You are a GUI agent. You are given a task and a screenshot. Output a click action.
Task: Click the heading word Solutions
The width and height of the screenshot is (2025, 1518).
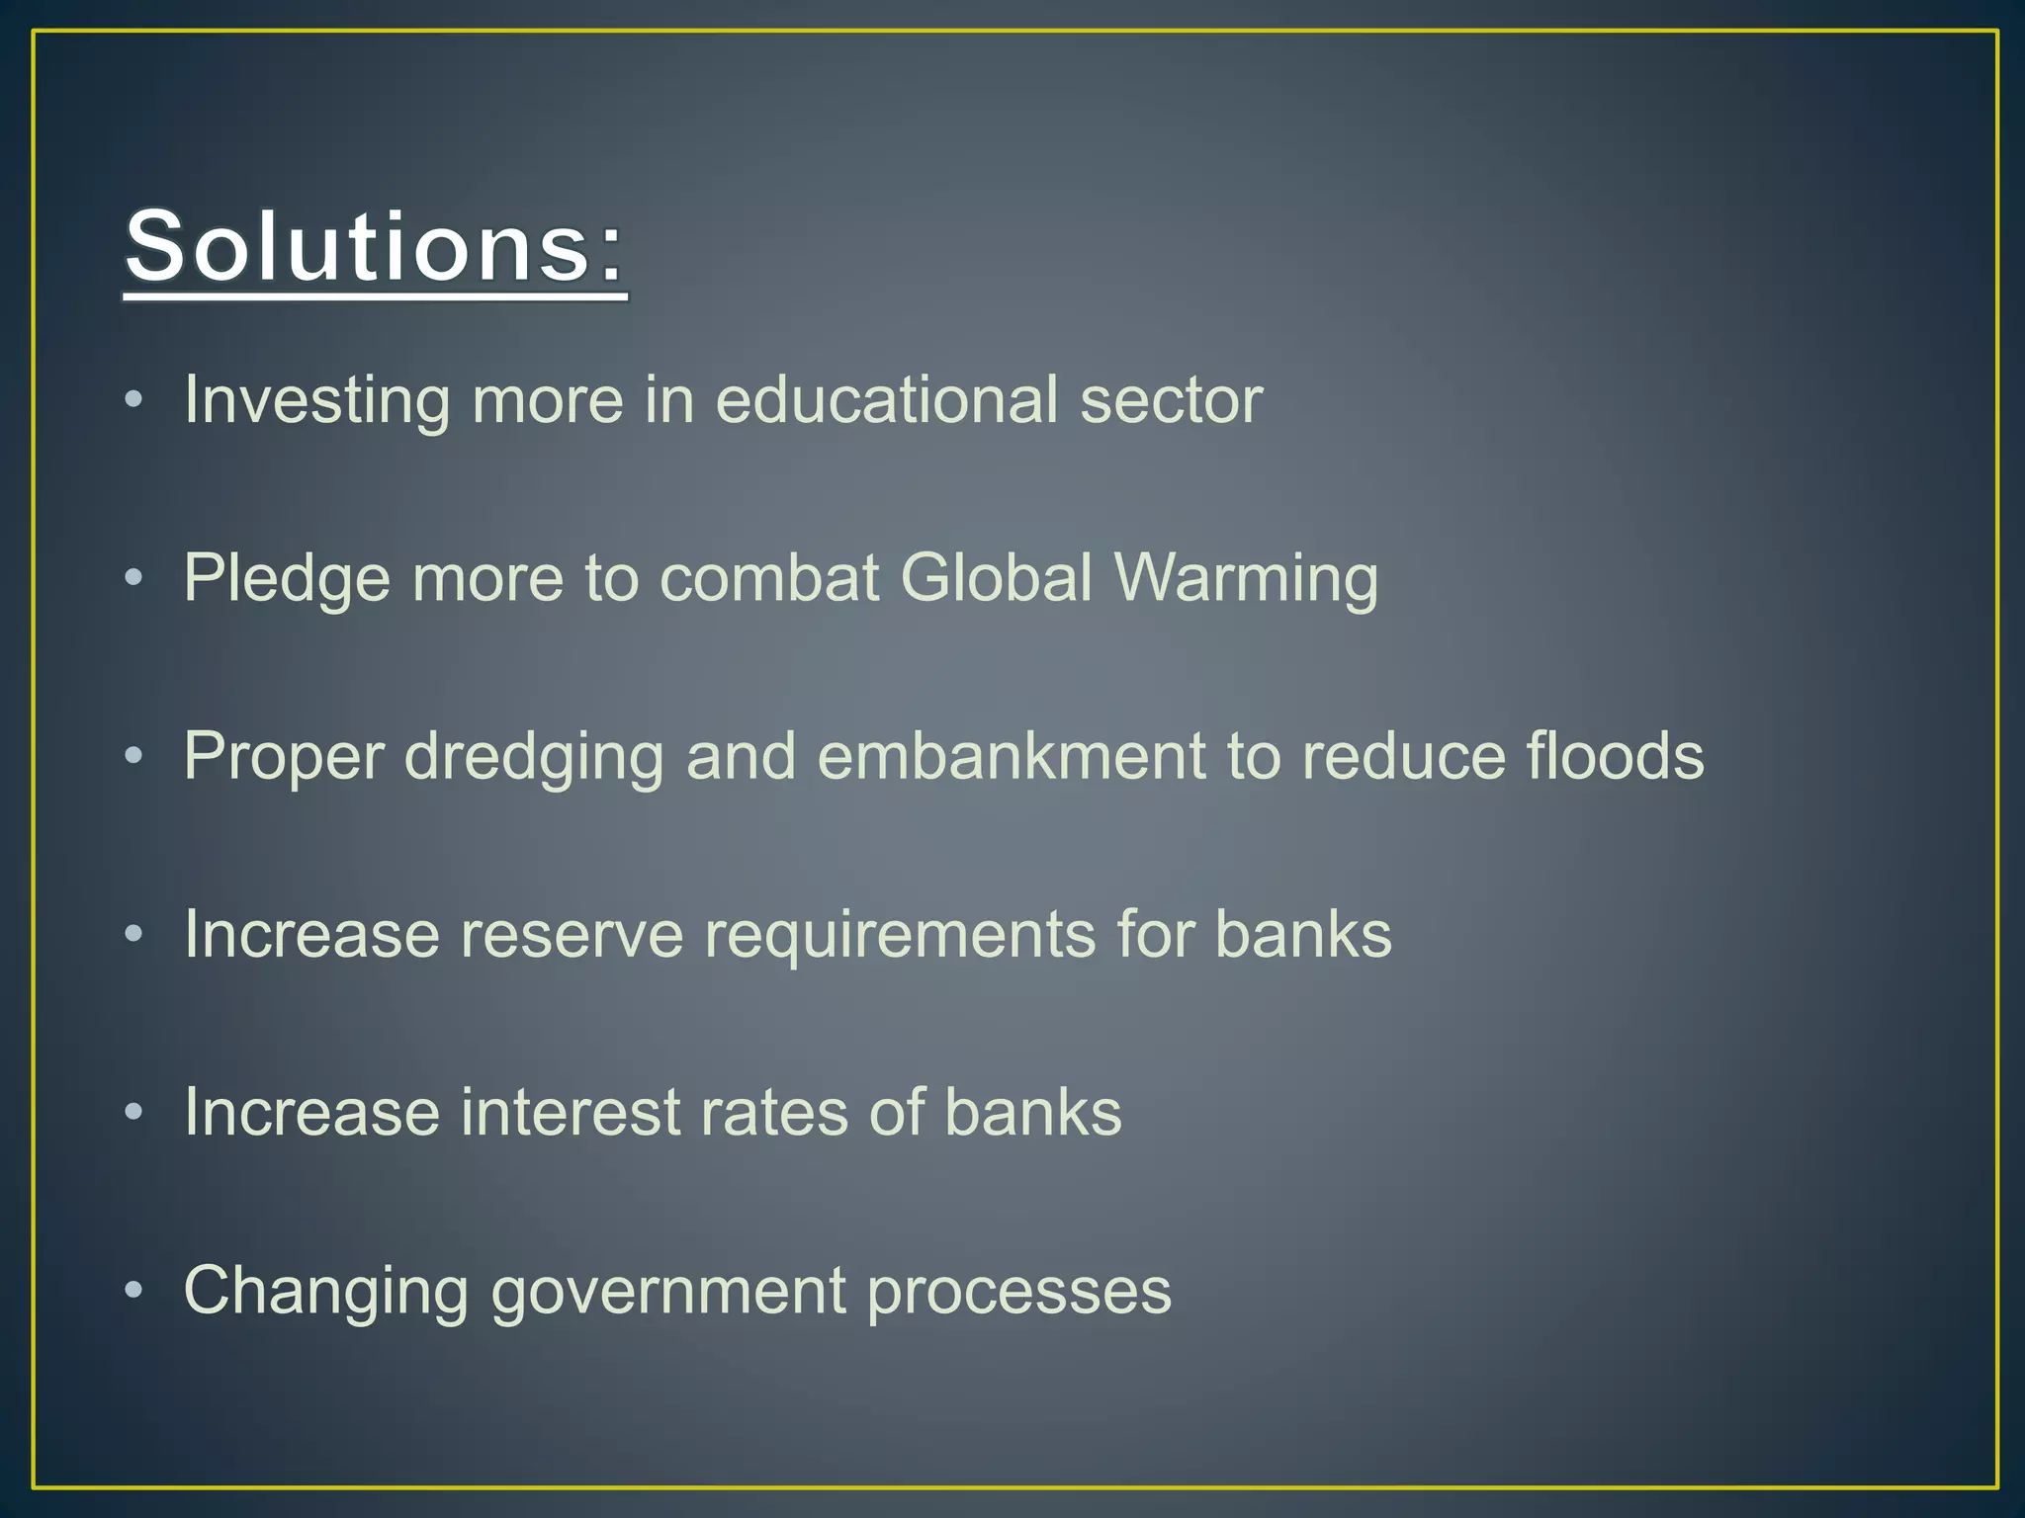(376, 246)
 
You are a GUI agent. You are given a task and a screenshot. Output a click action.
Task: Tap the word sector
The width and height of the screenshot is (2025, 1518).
(1171, 401)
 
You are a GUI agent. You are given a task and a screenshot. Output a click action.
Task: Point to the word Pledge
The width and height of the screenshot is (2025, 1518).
(287, 579)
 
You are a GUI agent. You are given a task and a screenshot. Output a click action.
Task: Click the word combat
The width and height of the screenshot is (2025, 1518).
(769, 577)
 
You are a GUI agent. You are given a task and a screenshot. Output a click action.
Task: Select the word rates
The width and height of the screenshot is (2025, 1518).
(773, 1113)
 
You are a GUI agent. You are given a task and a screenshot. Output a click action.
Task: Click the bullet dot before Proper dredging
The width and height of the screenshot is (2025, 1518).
(134, 757)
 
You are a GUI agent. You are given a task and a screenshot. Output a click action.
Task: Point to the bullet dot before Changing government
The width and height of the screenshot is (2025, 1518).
(134, 1291)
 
